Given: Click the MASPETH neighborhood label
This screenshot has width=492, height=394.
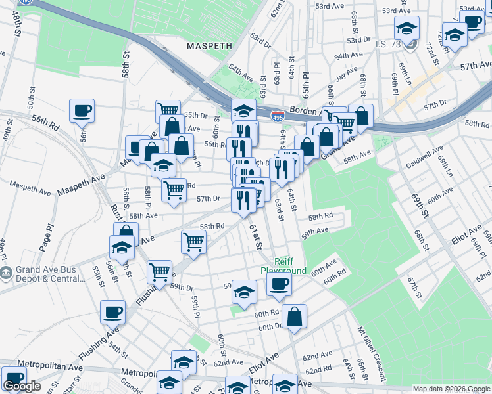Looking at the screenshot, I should [x=209, y=47].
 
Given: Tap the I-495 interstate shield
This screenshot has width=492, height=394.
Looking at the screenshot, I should [x=278, y=116].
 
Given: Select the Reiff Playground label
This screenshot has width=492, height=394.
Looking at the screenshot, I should [x=283, y=266].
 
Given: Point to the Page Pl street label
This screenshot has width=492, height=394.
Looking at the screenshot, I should [x=46, y=236].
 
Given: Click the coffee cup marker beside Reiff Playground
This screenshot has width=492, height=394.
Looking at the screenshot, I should [x=279, y=284].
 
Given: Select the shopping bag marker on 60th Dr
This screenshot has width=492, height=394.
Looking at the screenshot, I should [x=296, y=317].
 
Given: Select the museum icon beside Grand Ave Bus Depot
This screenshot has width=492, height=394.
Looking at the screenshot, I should [x=6, y=273].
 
